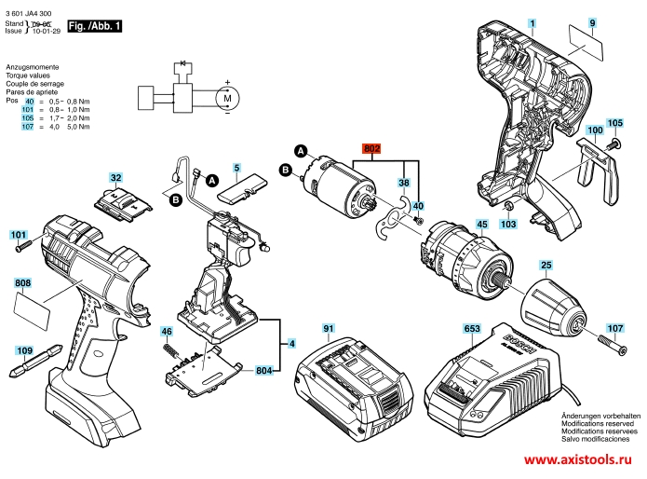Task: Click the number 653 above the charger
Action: click(471, 328)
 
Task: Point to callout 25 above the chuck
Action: click(546, 266)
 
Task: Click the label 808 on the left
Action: click(23, 282)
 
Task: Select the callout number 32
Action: click(115, 177)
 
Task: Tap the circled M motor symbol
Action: click(225, 96)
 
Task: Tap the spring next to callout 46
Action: click(173, 351)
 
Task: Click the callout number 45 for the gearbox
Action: click(481, 224)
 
